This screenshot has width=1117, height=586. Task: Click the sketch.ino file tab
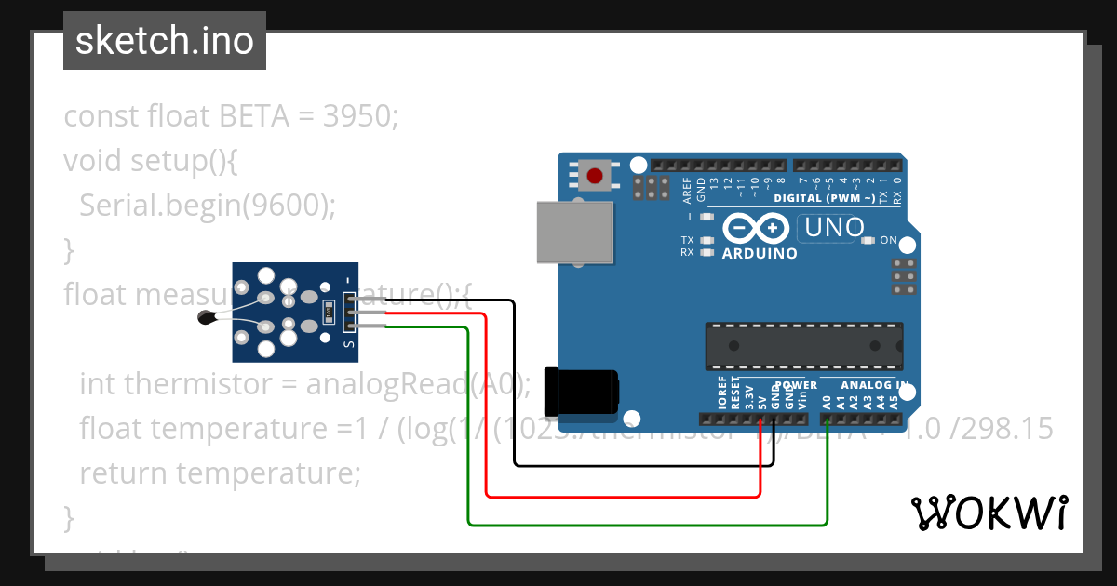click(x=164, y=41)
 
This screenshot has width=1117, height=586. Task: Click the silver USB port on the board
click(x=575, y=233)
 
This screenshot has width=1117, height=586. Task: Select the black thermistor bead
click(x=207, y=319)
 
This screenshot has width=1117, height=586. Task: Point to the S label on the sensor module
click(x=349, y=344)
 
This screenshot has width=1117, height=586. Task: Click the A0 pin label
click(x=827, y=402)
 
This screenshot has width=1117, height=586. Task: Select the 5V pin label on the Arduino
click(x=761, y=402)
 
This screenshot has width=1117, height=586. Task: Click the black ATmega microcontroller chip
click(x=803, y=345)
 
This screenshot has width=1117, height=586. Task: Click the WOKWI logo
click(x=989, y=513)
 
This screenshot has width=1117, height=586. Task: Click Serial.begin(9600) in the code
click(x=206, y=205)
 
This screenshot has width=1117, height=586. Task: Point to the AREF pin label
click(x=687, y=190)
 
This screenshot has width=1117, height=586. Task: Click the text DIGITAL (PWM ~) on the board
click(x=823, y=198)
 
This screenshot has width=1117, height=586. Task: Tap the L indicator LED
click(x=707, y=217)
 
